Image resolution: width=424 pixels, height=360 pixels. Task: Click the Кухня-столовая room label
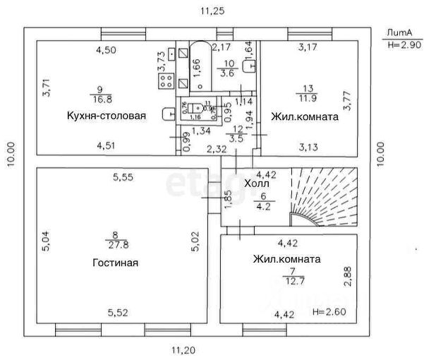106,116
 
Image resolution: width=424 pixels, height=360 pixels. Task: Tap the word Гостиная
114,263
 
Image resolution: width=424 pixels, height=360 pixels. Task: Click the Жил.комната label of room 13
305,116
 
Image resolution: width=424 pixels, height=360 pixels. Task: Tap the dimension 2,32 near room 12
217,148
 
